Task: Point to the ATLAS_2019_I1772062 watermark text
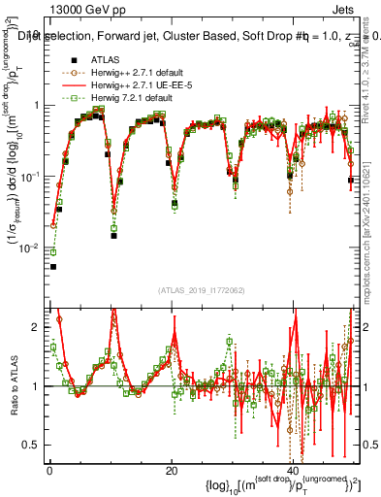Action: (202, 289)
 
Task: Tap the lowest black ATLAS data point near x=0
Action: (53, 266)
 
